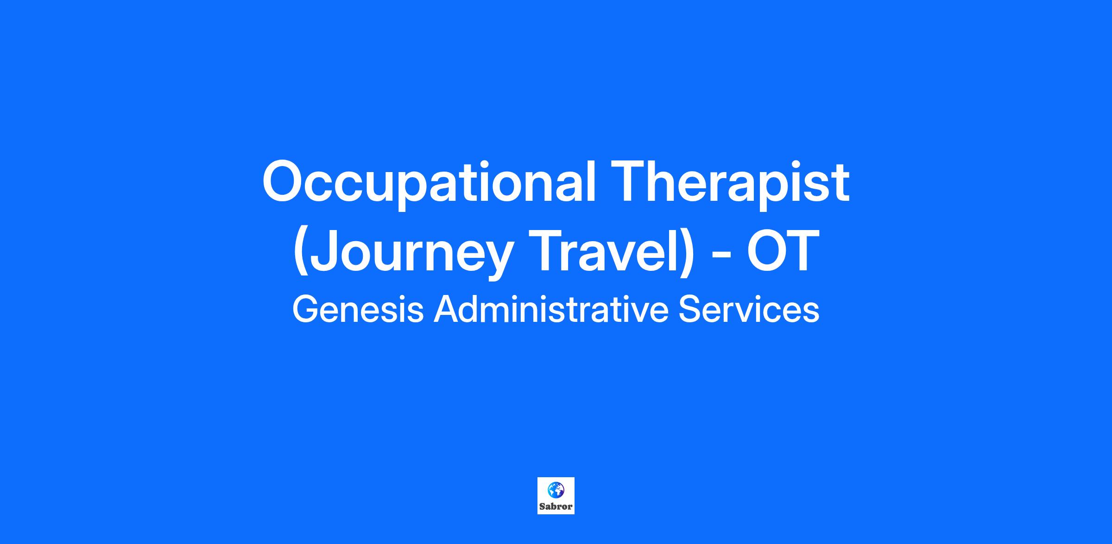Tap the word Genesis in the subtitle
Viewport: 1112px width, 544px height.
pos(358,310)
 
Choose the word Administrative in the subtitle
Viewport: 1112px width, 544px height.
pos(551,310)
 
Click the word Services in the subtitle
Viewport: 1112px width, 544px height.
pos(749,310)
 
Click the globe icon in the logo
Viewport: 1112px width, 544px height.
pos(556,489)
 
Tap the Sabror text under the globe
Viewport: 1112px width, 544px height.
pos(556,506)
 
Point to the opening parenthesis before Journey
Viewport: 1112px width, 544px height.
pos(301,253)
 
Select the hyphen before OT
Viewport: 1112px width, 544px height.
pos(721,256)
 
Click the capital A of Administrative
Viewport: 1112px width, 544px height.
pos(446,310)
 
